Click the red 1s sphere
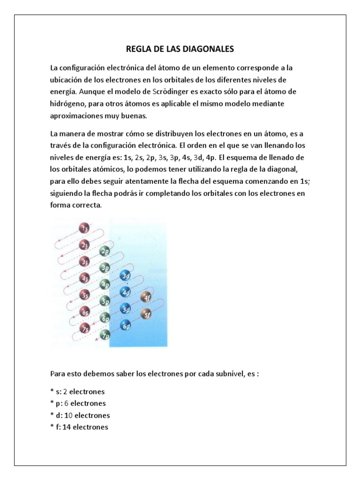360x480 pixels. point(85,229)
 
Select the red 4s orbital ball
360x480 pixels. point(85,278)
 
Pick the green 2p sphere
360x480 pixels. point(105,252)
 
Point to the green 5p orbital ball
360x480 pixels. point(105,301)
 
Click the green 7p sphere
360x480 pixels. point(105,335)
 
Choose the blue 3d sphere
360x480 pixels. point(125,276)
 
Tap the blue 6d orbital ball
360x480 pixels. point(125,325)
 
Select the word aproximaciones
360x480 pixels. point(79,115)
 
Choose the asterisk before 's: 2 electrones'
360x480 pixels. point(52,392)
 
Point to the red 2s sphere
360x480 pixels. point(85,245)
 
